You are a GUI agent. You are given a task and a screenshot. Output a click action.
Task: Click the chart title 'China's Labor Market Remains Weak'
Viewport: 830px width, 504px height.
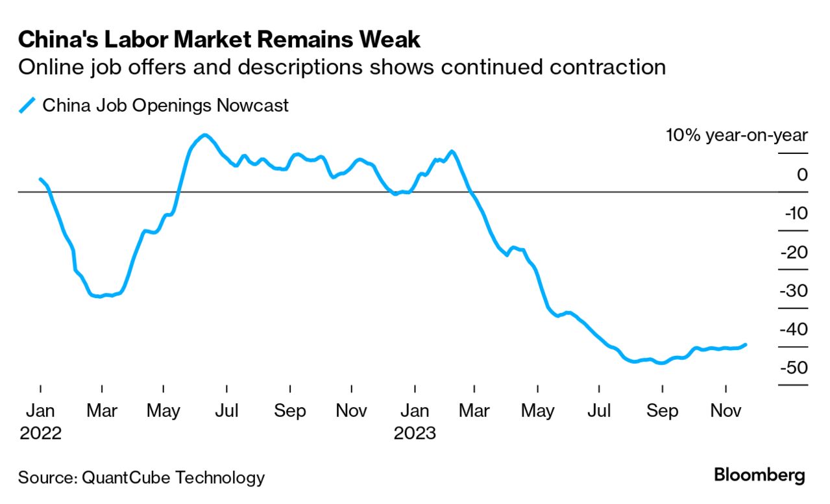219,40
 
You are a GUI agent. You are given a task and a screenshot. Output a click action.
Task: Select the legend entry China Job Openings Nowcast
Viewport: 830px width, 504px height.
165,105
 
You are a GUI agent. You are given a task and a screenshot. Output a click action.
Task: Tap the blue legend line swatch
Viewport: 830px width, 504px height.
27,105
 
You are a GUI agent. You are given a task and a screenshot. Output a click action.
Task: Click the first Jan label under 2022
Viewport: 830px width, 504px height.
40,411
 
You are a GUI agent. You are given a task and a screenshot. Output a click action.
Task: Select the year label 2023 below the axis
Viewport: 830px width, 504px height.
415,433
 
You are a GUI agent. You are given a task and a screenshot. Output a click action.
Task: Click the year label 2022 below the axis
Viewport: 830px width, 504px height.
40,433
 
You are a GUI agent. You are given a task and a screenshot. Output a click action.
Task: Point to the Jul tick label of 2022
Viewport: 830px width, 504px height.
227,411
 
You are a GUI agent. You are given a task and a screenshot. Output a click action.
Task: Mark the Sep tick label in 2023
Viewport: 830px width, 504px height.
663,411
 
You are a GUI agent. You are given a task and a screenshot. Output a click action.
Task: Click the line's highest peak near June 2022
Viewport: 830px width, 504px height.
205,135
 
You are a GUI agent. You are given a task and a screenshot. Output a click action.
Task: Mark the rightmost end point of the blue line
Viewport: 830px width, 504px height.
745,345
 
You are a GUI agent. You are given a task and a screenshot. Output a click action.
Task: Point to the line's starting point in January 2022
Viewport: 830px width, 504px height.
41,179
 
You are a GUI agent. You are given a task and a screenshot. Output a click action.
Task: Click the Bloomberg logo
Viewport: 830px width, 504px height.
759,475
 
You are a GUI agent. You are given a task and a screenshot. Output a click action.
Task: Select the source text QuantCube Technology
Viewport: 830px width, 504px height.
173,478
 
